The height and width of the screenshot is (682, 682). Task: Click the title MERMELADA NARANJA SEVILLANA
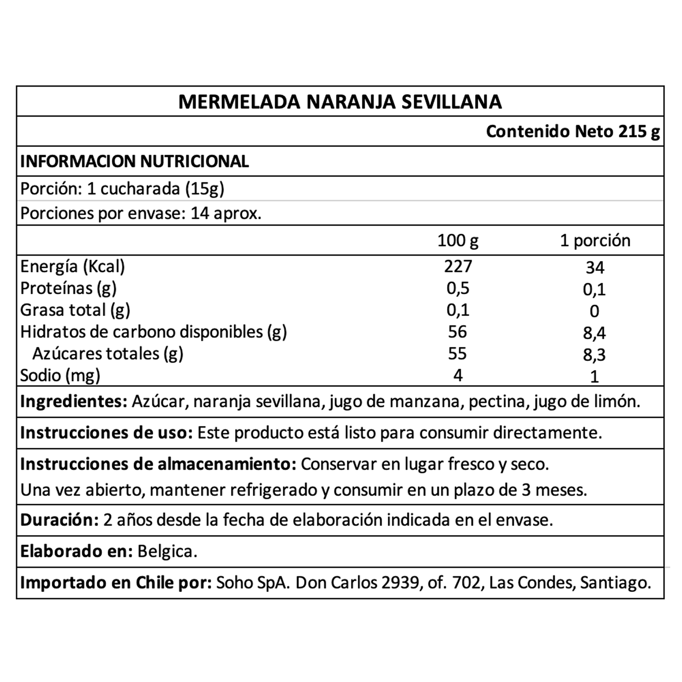click(x=340, y=102)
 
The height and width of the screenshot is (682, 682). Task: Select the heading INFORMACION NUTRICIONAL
click(x=135, y=161)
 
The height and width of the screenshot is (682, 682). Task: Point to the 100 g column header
click(x=457, y=240)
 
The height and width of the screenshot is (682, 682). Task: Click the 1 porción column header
click(x=595, y=240)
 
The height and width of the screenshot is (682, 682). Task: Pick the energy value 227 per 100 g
click(x=457, y=266)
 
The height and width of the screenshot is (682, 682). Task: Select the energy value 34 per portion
click(x=595, y=267)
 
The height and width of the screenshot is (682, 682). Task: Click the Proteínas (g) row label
click(x=69, y=288)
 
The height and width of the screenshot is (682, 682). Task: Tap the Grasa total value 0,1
click(x=457, y=310)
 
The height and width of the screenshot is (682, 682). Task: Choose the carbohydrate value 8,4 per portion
click(x=595, y=333)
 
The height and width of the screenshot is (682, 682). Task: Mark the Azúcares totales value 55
click(x=457, y=353)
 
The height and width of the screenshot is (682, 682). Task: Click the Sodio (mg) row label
click(x=60, y=376)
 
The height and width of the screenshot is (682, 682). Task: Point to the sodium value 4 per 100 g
click(x=457, y=375)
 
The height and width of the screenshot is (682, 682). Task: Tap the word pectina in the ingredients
click(x=496, y=402)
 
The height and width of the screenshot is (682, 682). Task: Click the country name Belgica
click(x=167, y=552)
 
